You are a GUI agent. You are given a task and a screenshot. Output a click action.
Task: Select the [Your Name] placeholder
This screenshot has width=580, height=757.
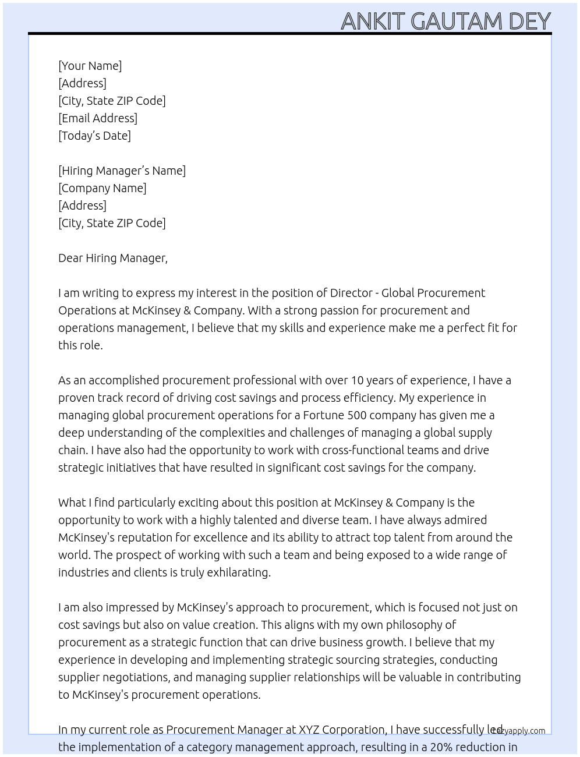click(x=90, y=66)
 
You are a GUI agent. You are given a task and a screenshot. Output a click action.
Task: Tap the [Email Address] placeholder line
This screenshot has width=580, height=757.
click(x=98, y=118)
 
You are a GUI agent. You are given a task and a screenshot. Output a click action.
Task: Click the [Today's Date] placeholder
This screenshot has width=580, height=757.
click(x=94, y=136)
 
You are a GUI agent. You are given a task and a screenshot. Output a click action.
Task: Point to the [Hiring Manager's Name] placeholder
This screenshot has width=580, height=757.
click(x=122, y=171)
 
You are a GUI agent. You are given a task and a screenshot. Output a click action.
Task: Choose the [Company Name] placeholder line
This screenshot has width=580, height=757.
click(x=102, y=188)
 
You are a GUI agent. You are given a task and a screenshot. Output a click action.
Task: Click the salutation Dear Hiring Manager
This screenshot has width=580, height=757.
click(x=112, y=258)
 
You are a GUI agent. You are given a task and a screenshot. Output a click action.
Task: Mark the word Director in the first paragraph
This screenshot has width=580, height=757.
click(x=350, y=293)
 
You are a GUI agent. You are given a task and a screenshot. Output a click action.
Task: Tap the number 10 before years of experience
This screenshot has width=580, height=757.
click(x=357, y=380)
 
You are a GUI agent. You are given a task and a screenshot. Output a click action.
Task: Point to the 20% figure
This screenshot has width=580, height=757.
click(x=442, y=747)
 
